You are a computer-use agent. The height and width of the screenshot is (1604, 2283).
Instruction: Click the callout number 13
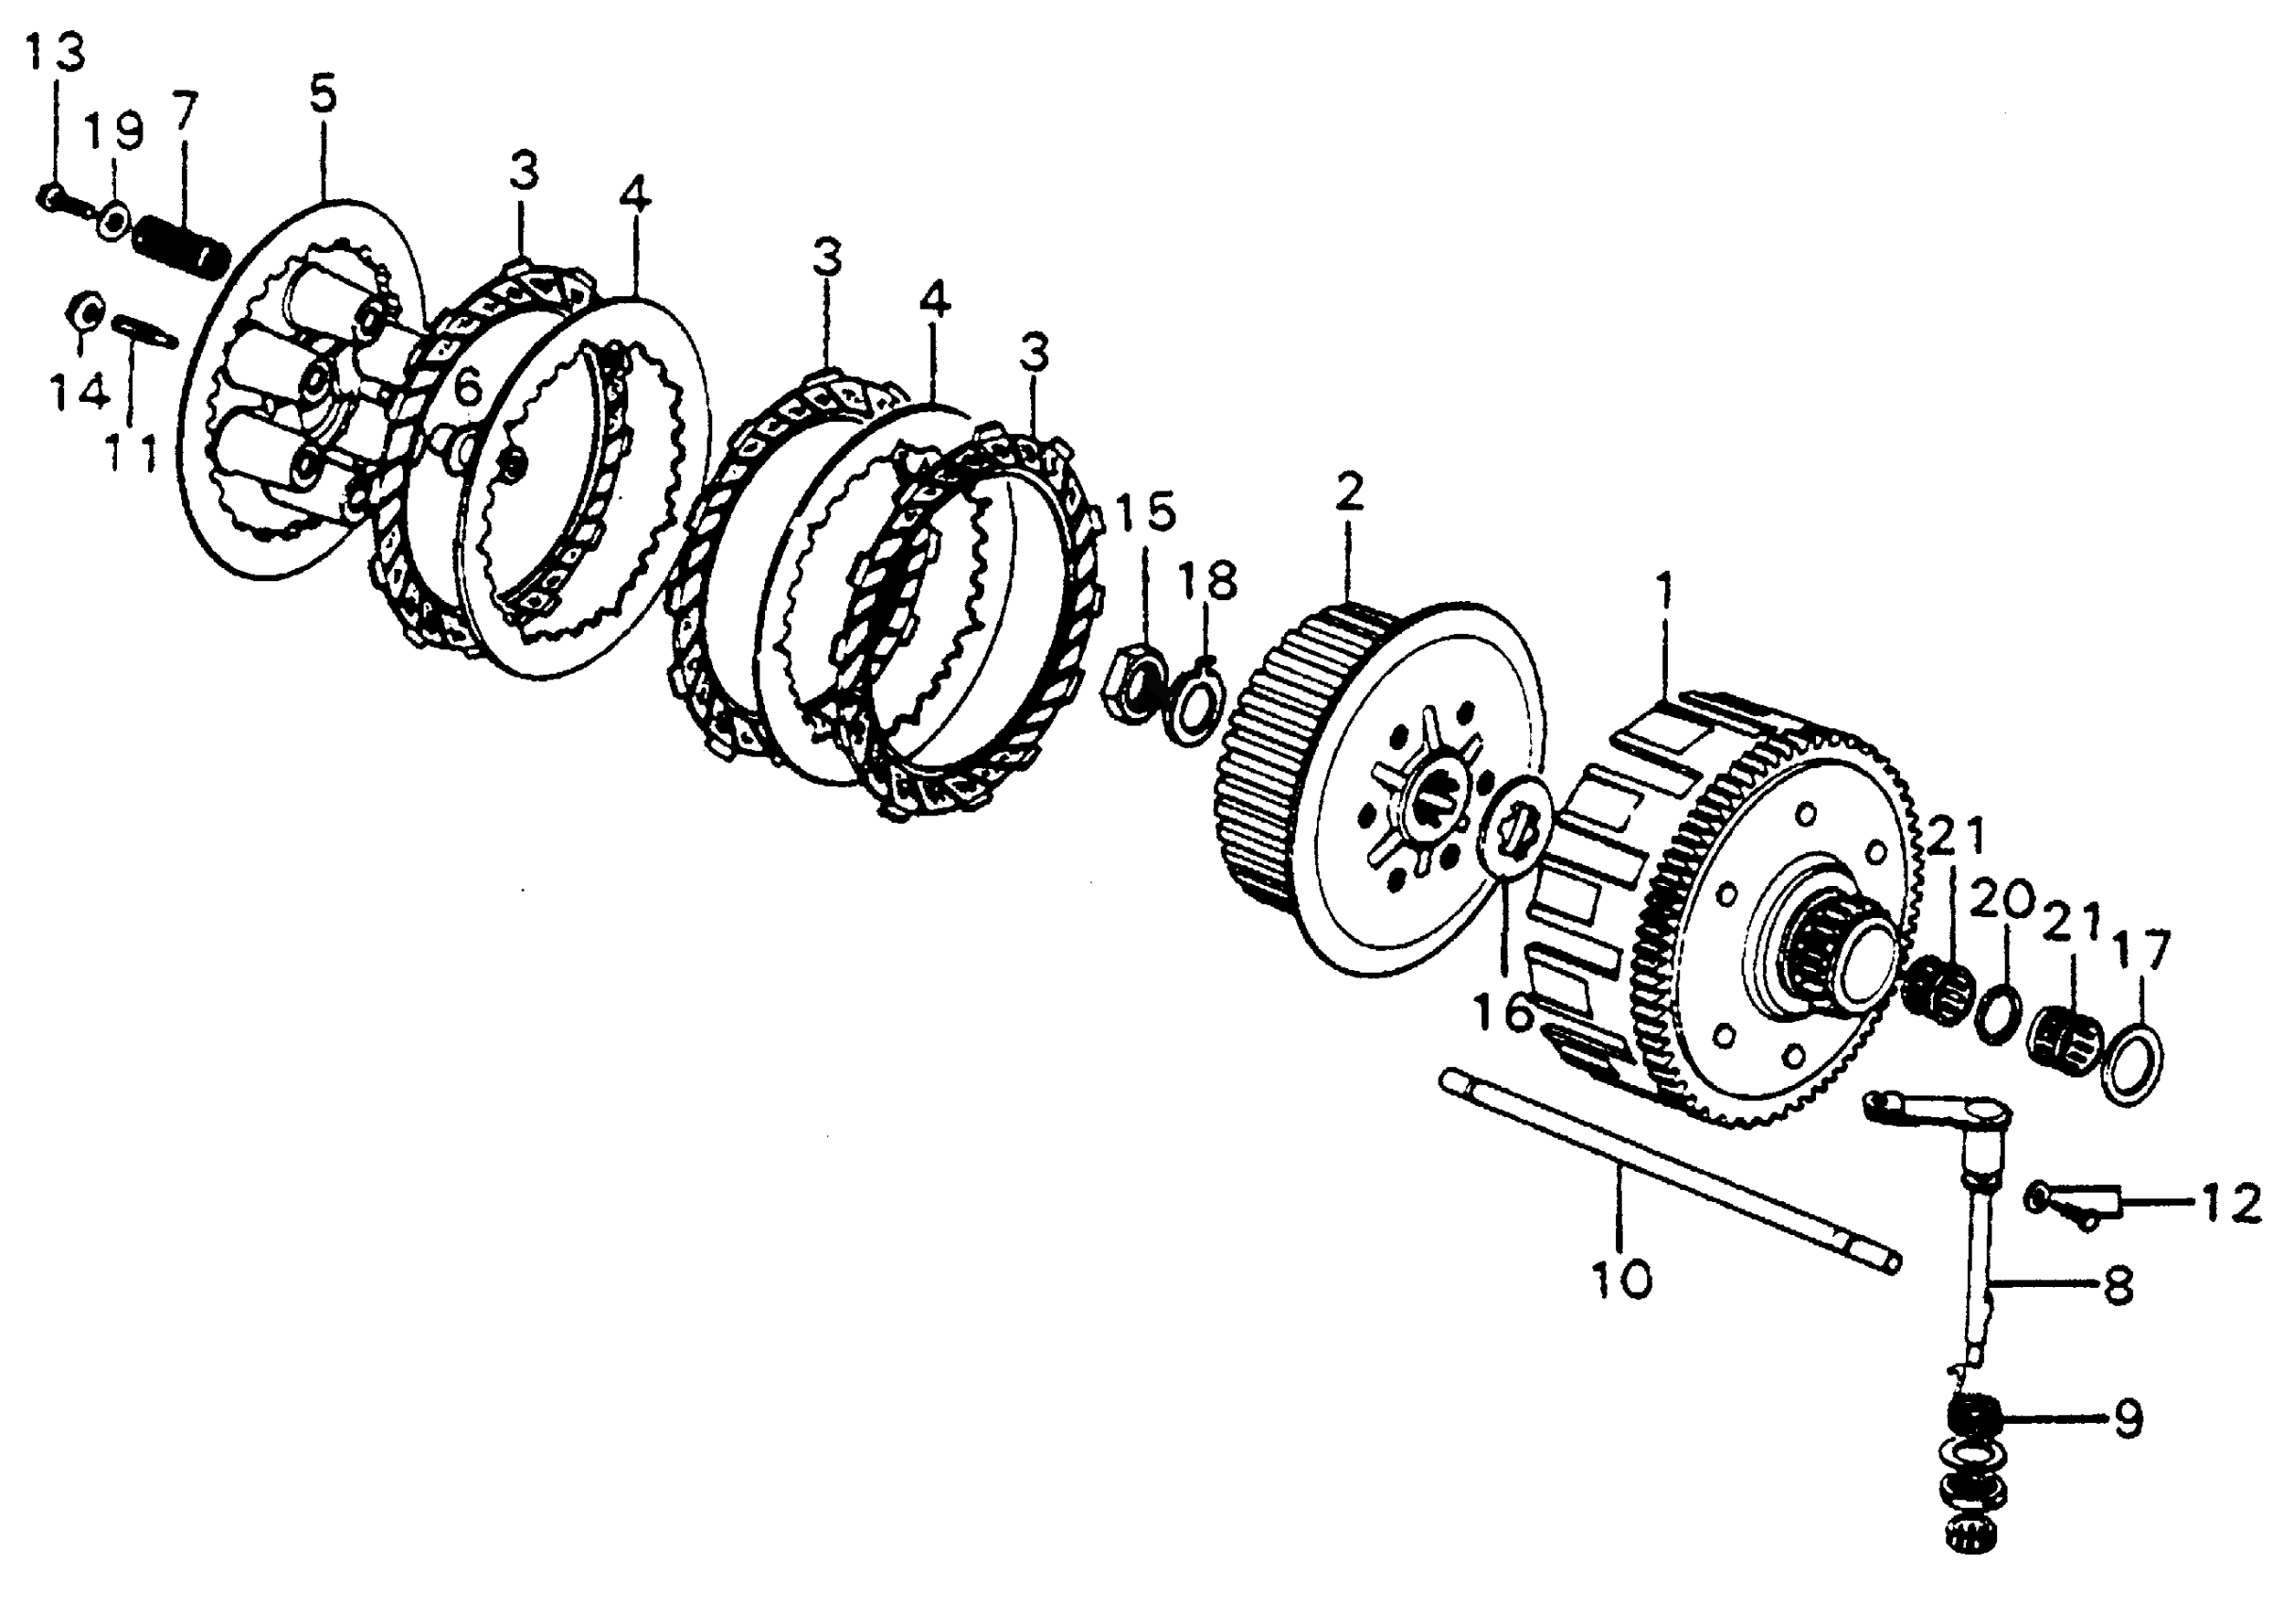coord(55,52)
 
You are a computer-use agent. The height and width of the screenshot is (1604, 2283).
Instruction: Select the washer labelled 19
coord(112,219)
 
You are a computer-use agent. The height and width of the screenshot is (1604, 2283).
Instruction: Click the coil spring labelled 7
coord(181,242)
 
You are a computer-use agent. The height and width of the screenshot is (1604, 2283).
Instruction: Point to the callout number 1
coord(1661,590)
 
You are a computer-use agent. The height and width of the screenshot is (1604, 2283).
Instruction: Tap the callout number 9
coord(2127,1422)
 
